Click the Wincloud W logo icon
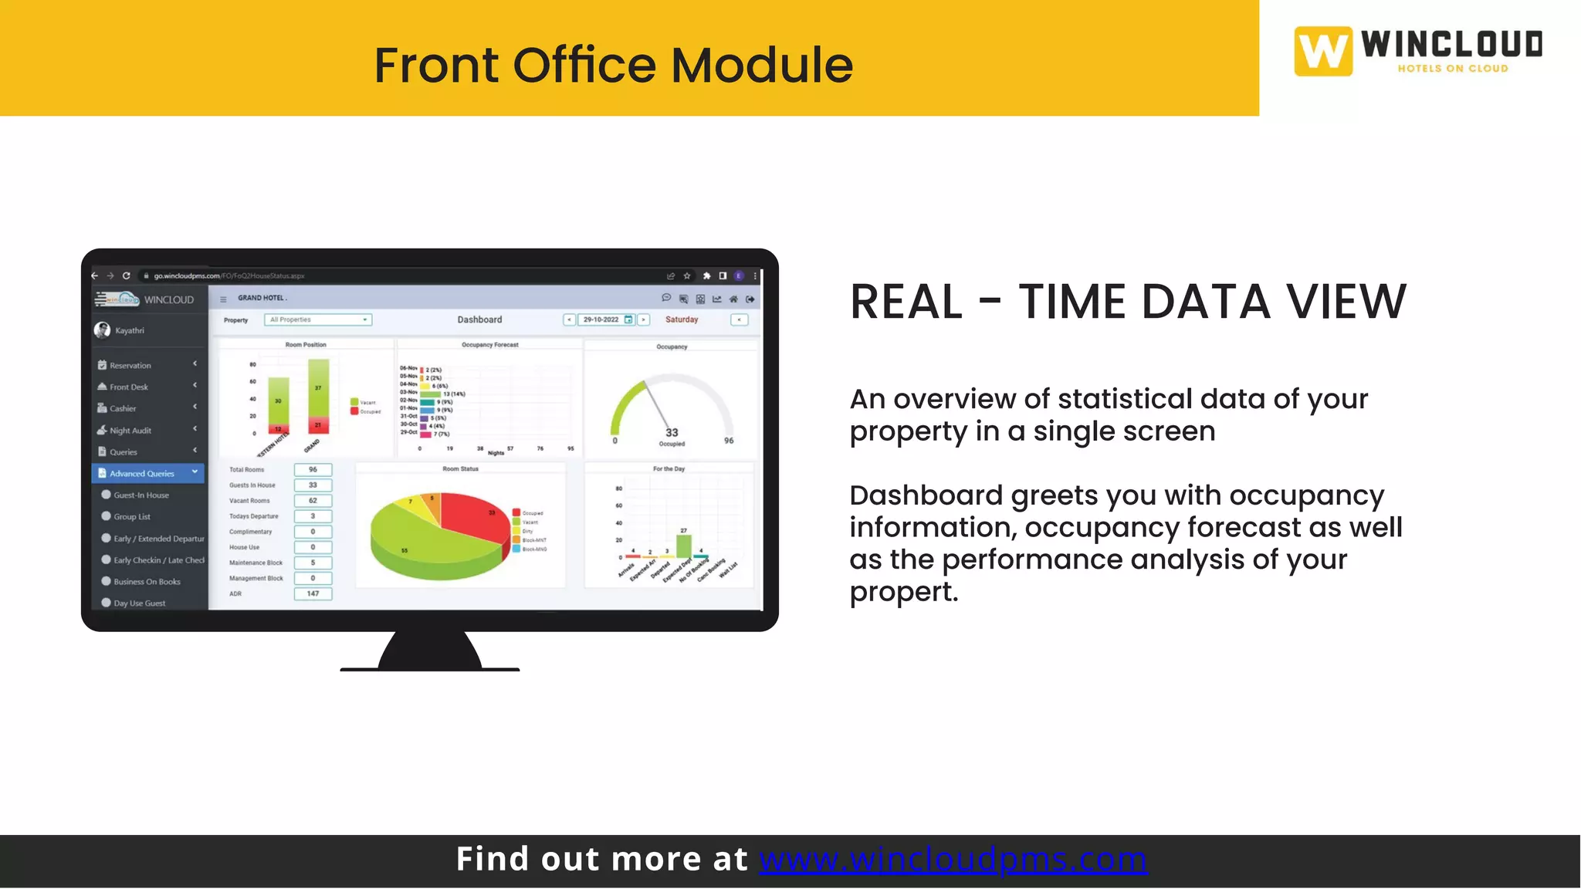[1323, 52]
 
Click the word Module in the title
[761, 65]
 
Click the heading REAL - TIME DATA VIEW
[1128, 302]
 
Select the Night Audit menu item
[130, 431]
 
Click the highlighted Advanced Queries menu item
[142, 474]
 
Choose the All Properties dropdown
[318, 319]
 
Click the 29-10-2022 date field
[601, 319]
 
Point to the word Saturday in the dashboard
[682, 319]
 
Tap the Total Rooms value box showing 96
[313, 469]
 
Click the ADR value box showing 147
[313, 593]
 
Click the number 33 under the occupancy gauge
[672, 433]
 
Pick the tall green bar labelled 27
[683, 546]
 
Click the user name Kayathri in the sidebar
[130, 330]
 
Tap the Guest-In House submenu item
[141, 495]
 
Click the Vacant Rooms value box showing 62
[313, 500]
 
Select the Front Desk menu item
[128, 387]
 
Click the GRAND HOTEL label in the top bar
[261, 298]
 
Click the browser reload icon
[127, 275]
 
